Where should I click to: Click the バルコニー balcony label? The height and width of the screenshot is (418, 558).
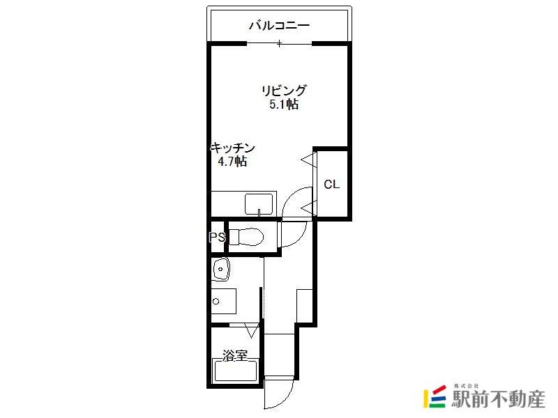pyautogui.click(x=279, y=25)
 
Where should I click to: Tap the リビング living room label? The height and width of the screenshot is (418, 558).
pyautogui.click(x=284, y=91)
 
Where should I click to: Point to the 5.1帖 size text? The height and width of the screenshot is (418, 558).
pyautogui.click(x=284, y=104)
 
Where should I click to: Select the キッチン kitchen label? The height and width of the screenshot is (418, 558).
pyautogui.click(x=233, y=148)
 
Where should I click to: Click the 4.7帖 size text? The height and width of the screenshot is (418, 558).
pyautogui.click(x=232, y=162)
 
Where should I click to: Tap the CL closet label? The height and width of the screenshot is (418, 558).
pyautogui.click(x=332, y=184)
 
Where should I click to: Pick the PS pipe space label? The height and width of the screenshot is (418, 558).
pyautogui.click(x=217, y=237)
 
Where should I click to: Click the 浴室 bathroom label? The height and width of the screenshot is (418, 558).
pyautogui.click(x=235, y=355)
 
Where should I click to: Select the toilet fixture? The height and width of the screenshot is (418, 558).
pyautogui.click(x=246, y=237)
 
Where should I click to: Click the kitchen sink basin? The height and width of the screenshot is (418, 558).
pyautogui.click(x=259, y=204)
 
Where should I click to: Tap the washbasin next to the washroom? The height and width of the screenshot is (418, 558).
pyautogui.click(x=220, y=269)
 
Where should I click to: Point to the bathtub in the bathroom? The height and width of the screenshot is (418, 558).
pyautogui.click(x=235, y=370)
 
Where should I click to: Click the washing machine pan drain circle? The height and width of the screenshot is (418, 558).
pyautogui.click(x=216, y=302)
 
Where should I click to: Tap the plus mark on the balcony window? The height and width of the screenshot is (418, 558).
pyautogui.click(x=280, y=44)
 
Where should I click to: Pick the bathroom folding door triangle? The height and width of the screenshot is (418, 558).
pyautogui.click(x=252, y=330)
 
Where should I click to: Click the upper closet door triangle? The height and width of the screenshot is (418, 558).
pyautogui.click(x=309, y=160)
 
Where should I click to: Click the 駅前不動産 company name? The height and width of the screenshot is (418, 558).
pyautogui.click(x=498, y=399)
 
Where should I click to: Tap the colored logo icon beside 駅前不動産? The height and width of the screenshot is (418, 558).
pyautogui.click(x=435, y=396)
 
